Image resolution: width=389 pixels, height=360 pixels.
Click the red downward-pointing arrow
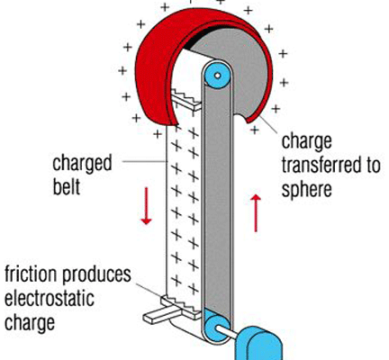pyautogui.click(x=146, y=206)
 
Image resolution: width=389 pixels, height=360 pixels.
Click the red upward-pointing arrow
pyautogui.click(x=256, y=213)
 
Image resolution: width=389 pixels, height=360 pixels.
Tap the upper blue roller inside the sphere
pyautogui.click(x=217, y=76)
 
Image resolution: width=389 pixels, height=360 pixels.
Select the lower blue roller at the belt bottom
pyautogui.click(x=217, y=327)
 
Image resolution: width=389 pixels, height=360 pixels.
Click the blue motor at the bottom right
pyautogui.click(x=258, y=344)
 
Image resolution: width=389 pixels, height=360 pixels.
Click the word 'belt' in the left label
pyautogui.click(x=67, y=187)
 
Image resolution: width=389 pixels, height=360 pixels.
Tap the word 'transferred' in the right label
pyautogui.click(x=322, y=166)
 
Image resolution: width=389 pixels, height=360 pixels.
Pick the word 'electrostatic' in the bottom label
pyautogui.click(x=50, y=299)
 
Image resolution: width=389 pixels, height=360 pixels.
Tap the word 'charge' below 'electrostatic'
pyautogui.click(x=30, y=323)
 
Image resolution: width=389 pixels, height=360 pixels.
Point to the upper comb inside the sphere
pyautogui.click(x=186, y=99)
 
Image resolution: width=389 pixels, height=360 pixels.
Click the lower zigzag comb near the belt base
pyautogui.click(x=181, y=306)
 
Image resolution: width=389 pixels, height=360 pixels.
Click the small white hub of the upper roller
pyautogui.click(x=217, y=76)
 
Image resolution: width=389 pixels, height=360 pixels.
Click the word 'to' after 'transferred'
pyautogui.click(x=374, y=166)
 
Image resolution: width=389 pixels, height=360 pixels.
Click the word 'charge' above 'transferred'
pyautogui.click(x=306, y=142)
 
